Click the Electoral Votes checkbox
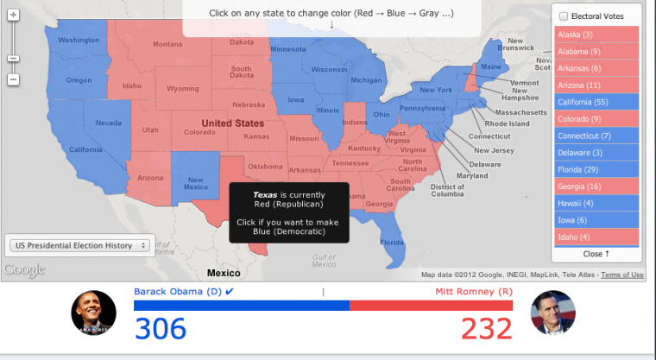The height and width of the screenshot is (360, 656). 564,16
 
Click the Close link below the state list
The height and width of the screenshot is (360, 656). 596,254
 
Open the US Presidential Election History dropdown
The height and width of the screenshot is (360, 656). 79,245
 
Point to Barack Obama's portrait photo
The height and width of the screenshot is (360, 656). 93,313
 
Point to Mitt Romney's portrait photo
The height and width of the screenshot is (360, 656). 552,313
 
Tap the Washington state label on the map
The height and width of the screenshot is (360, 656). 79,41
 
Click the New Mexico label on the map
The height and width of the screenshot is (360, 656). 195,183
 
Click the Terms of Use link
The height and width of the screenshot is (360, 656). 622,275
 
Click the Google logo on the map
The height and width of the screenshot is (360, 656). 23,270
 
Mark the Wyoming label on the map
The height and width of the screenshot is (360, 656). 182,89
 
